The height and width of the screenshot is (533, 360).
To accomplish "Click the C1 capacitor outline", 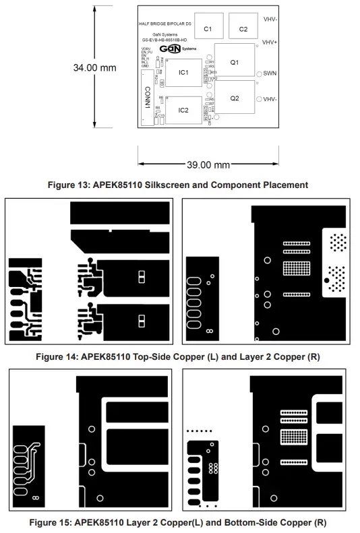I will (208, 29).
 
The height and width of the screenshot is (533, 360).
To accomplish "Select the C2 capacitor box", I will (243, 29).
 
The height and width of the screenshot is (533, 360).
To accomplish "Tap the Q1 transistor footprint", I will (235, 62).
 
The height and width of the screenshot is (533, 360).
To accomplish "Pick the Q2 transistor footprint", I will (235, 98).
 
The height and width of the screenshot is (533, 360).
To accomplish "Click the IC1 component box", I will (184, 71).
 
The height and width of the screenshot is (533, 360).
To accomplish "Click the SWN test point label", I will (270, 73).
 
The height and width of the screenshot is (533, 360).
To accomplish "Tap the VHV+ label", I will (270, 42).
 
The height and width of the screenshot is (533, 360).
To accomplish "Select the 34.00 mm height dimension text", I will (94, 67).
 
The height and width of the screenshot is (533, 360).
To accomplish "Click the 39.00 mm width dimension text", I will (208, 164).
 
